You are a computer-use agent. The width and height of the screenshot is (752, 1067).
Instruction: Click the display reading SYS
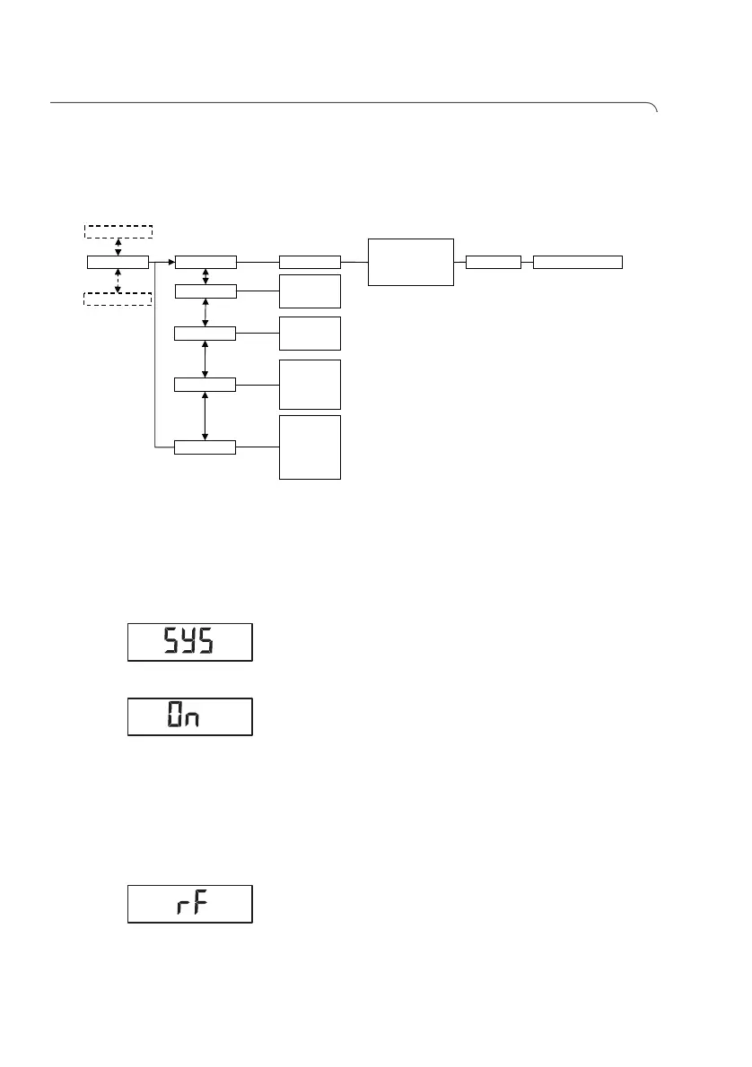(x=189, y=642)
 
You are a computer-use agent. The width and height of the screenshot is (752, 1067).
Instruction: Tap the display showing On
(x=189, y=716)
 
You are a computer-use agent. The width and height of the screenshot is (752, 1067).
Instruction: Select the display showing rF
(x=189, y=904)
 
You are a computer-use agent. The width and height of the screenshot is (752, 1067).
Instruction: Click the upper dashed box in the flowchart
(x=118, y=231)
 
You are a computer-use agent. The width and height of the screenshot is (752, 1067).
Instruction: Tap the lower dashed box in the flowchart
(x=118, y=299)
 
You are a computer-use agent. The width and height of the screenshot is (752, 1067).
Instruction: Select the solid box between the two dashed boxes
(x=118, y=262)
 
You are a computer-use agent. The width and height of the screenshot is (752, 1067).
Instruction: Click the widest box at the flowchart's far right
(x=577, y=262)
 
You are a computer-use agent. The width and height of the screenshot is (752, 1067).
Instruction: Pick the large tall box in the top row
(x=410, y=262)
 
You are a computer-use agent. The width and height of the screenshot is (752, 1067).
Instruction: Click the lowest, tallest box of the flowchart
(x=310, y=447)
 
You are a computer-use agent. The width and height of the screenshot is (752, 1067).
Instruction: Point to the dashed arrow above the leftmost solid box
(x=118, y=247)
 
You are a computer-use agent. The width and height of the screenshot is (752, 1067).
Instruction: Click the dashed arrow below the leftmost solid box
(x=118, y=280)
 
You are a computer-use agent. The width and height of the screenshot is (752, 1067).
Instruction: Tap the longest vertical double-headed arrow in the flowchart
(x=205, y=415)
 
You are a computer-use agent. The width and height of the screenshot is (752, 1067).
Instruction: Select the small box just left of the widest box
(x=494, y=262)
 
